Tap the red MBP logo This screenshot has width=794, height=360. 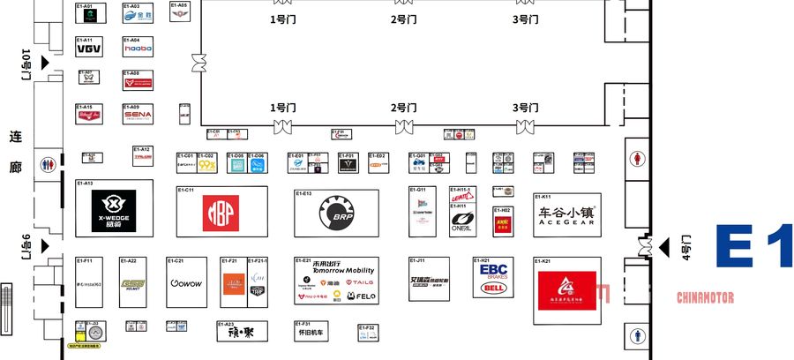point(221,212)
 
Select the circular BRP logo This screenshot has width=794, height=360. point(336,213)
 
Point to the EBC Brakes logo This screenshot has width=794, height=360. point(492,270)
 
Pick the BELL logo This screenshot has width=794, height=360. point(492,288)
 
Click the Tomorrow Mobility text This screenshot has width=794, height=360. point(336,270)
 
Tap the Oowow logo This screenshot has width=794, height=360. point(186,283)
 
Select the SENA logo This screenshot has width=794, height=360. point(138,115)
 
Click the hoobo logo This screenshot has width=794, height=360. point(138,49)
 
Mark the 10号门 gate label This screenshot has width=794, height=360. point(26,64)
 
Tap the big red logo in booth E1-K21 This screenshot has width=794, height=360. point(568,289)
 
